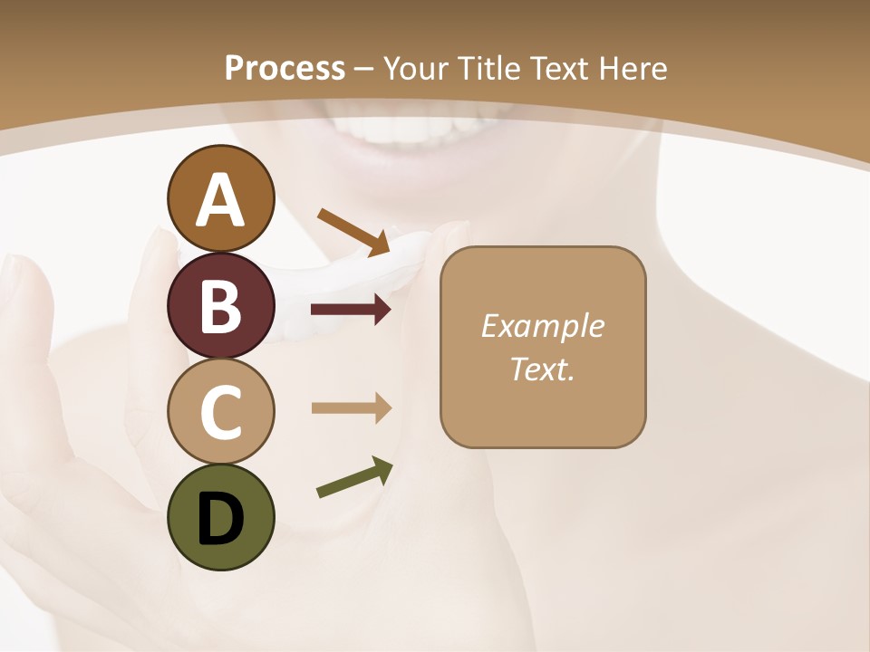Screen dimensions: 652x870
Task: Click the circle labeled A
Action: (220, 198)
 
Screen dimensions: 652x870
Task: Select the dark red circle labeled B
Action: (220, 305)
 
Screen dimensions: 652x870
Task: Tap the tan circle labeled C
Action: (220, 412)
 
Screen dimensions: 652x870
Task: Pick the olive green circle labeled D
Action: (220, 518)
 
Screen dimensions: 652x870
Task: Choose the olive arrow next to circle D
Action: (354, 477)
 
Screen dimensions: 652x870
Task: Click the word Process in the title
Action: (285, 69)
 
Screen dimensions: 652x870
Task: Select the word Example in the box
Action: (542, 326)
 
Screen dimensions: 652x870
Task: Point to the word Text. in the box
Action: (542, 369)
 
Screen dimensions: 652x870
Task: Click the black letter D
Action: (220, 519)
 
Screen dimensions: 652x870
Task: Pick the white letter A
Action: (220, 200)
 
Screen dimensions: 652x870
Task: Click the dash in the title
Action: (364, 70)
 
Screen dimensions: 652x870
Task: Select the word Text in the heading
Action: (559, 69)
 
